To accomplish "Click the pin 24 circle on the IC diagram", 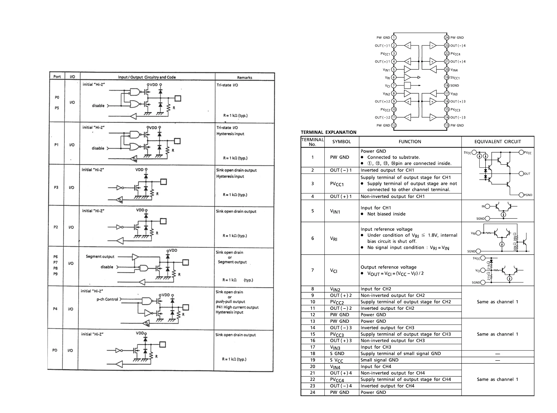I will [x=447, y=38].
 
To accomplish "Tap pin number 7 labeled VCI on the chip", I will [x=394, y=86].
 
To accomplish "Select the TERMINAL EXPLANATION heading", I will [x=328, y=132].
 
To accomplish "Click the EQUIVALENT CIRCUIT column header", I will [x=497, y=142].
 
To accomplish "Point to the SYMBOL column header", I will [x=341, y=142].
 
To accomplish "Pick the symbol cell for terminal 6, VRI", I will [x=334, y=239].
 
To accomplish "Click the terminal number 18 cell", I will [x=312, y=353].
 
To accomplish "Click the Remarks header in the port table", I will [x=245, y=77].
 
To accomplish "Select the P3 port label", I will [x=56, y=187].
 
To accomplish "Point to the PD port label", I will [x=55, y=350].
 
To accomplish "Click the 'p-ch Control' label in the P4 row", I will [x=107, y=299].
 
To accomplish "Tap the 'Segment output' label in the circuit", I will [x=100, y=257].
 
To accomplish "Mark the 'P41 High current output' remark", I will [x=237, y=307].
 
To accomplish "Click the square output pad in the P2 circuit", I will [x=163, y=221].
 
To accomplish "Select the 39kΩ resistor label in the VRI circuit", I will [x=515, y=237].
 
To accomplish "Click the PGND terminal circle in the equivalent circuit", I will [x=521, y=195].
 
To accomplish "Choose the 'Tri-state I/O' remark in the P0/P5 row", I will [x=227, y=85].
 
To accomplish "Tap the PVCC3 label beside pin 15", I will [x=455, y=110].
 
